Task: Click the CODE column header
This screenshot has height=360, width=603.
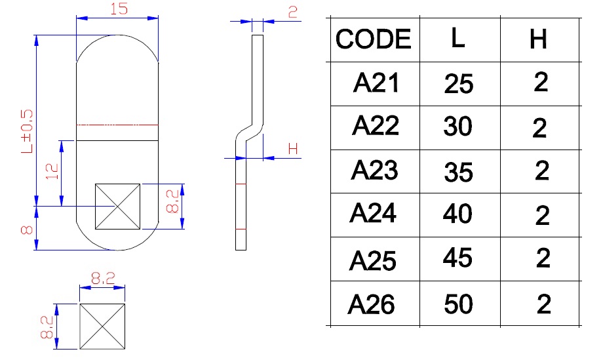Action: (x=374, y=39)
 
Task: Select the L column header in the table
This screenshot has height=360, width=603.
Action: (x=458, y=38)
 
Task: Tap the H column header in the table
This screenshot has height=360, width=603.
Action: (x=538, y=40)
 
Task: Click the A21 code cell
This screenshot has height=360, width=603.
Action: (x=375, y=83)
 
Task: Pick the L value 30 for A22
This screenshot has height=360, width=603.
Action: (x=458, y=127)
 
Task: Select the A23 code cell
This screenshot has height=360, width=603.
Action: (x=374, y=170)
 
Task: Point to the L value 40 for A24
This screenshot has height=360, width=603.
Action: (x=458, y=214)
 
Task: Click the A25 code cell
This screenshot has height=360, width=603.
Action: (x=373, y=260)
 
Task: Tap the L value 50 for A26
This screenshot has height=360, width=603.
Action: (x=458, y=304)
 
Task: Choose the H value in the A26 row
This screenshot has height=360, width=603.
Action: (x=543, y=304)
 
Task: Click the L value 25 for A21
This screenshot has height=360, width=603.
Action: (x=458, y=85)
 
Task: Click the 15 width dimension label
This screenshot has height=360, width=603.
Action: (x=118, y=10)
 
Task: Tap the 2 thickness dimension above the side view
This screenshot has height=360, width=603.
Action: (x=292, y=11)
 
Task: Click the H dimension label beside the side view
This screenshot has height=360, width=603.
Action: (x=293, y=149)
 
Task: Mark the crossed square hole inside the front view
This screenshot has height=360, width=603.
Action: (x=117, y=207)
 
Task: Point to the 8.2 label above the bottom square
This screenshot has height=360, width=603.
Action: (x=102, y=279)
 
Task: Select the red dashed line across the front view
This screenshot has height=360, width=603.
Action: (x=117, y=124)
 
